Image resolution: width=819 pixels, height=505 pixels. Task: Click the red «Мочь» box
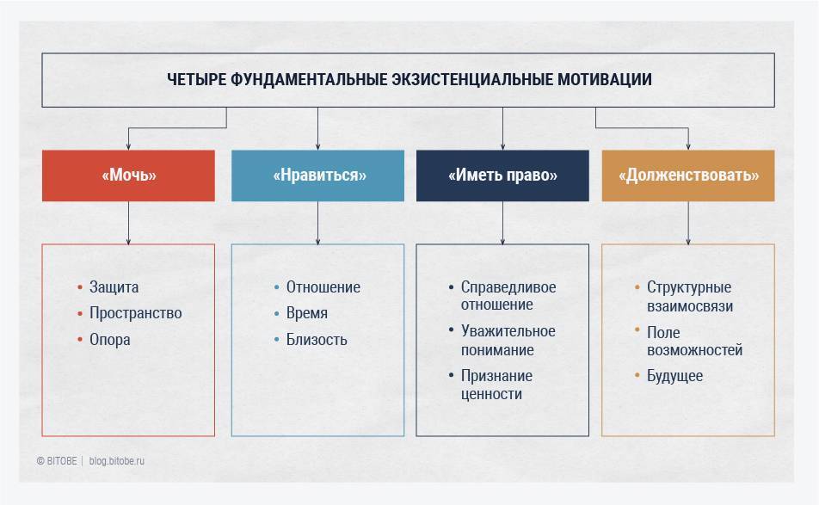coord(128,176)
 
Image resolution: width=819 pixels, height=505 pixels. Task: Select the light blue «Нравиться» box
coord(317,176)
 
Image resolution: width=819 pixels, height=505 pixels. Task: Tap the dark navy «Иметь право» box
coord(502,176)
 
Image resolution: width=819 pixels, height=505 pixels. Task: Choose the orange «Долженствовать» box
coord(688,176)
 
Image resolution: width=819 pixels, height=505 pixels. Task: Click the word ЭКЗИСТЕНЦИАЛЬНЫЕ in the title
coord(472,79)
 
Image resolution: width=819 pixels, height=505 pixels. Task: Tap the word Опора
coord(110,340)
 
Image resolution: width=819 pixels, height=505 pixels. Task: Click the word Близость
coord(317,340)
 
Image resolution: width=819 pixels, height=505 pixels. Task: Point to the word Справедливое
coord(508,287)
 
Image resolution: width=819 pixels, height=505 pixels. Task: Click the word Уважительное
coord(508,331)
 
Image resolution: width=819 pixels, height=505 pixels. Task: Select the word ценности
coord(491,394)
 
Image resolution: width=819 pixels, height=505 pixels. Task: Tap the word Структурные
coord(689,287)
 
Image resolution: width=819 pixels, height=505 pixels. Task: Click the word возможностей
coord(695,350)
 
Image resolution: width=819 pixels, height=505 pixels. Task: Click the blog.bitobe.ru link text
coord(116,461)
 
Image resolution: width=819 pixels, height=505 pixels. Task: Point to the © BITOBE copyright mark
coord(57,461)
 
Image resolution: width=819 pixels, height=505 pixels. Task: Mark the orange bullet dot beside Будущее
coord(637,375)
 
